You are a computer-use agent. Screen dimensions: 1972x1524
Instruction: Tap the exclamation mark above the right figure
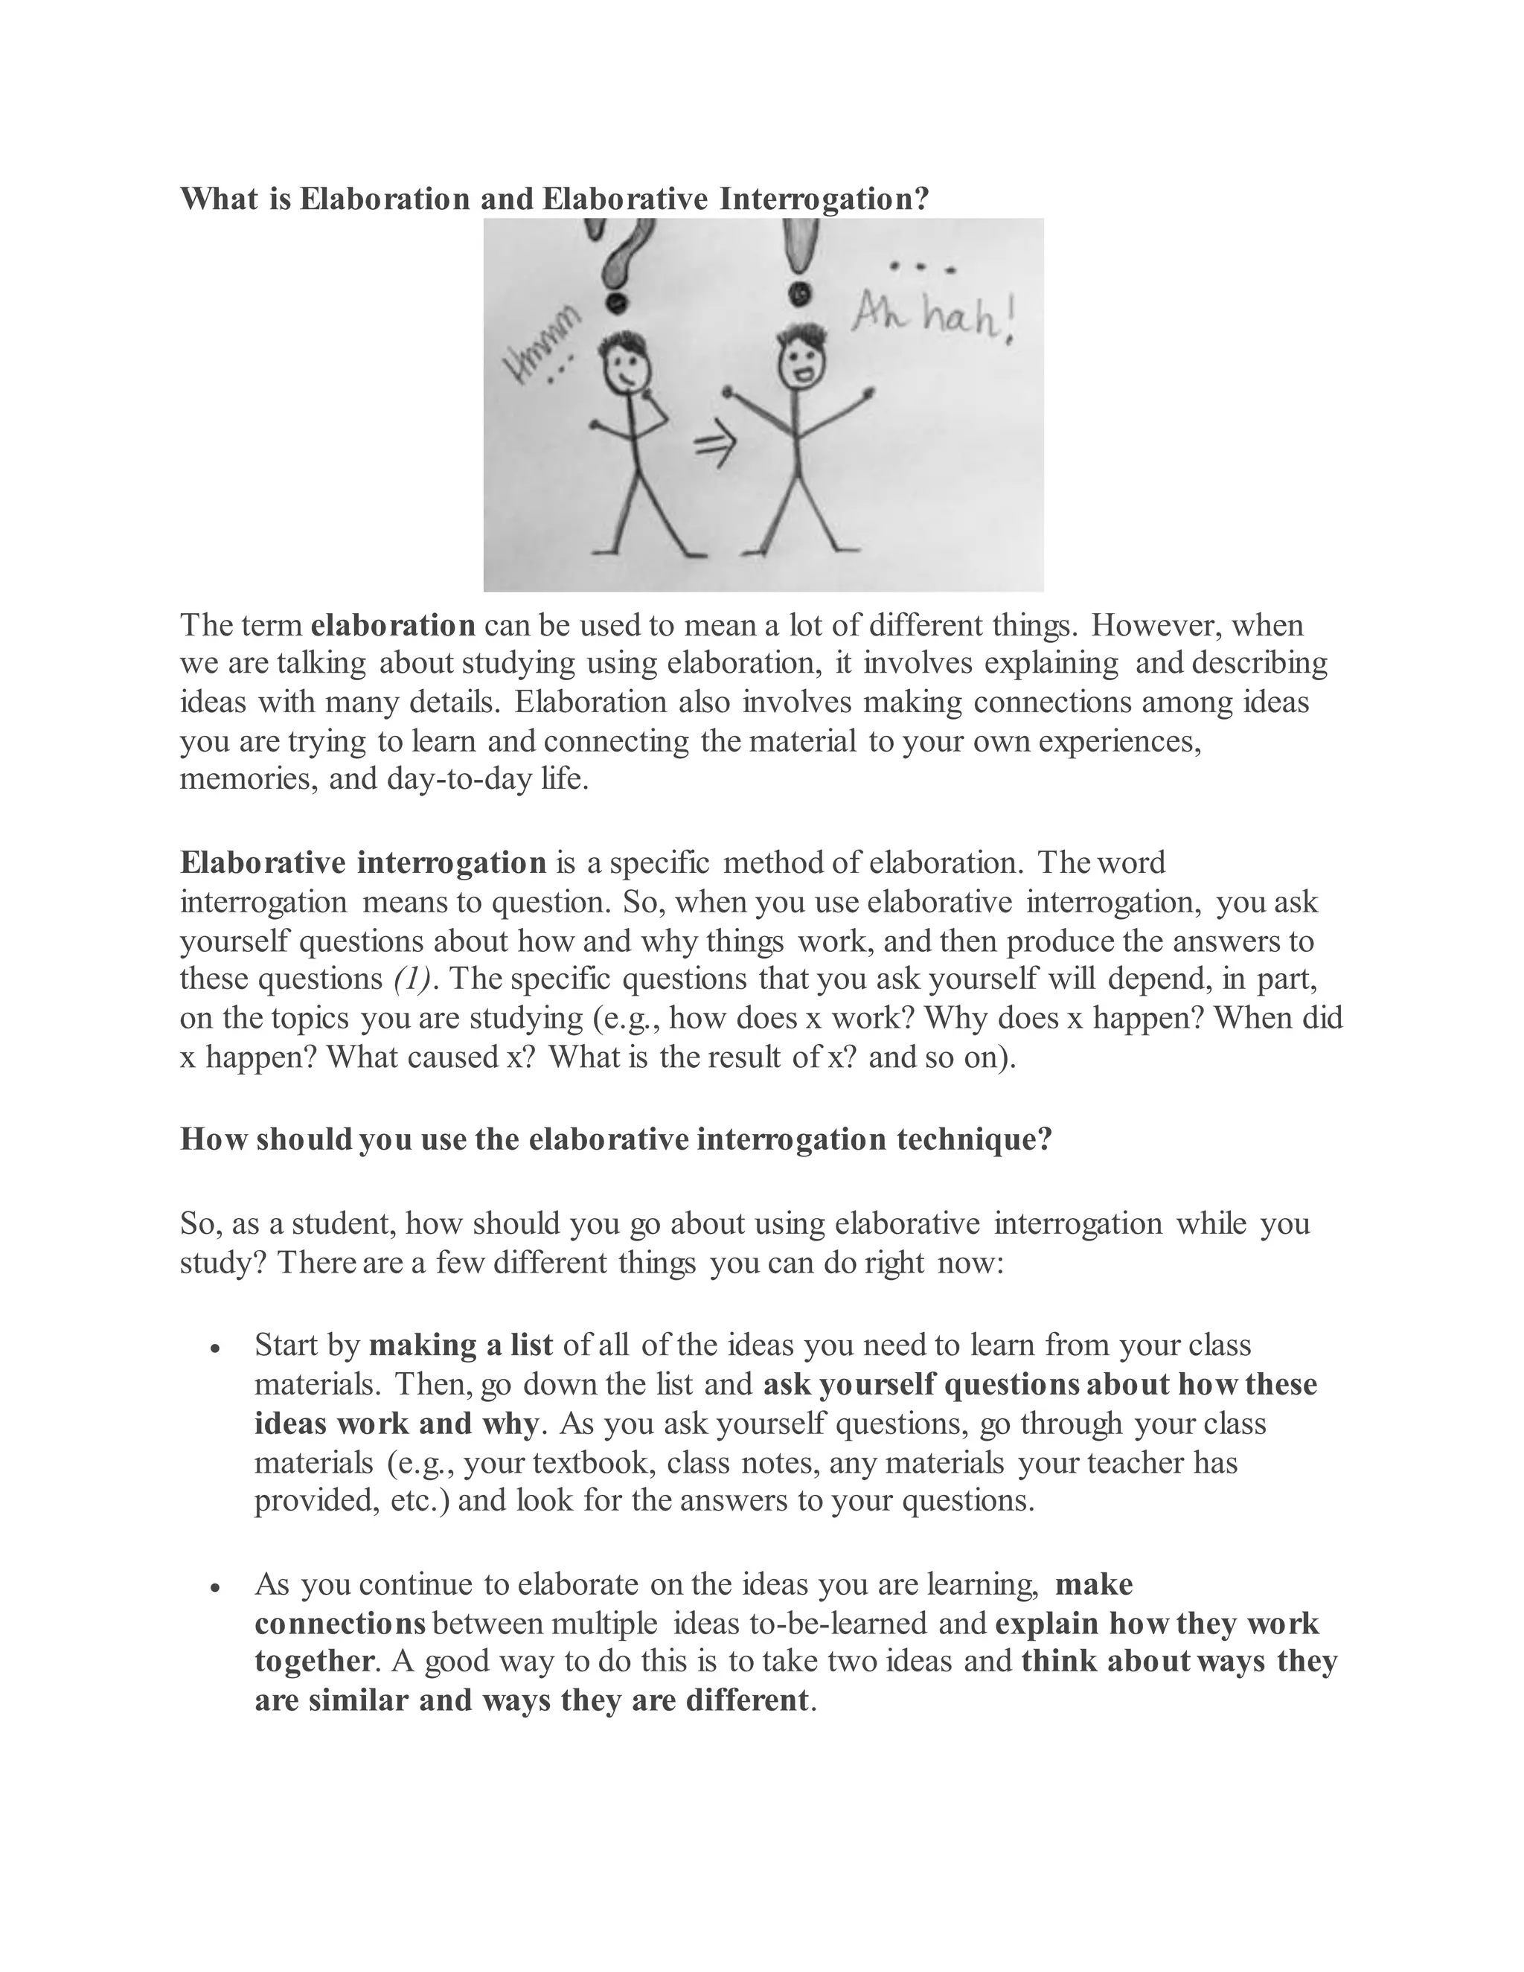[x=797, y=262]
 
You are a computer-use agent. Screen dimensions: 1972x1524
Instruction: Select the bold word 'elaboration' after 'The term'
[x=393, y=625]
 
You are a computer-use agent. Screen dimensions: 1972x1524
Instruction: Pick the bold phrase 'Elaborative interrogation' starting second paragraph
[x=363, y=862]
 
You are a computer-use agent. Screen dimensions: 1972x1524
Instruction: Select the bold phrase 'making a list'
[x=461, y=1345]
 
